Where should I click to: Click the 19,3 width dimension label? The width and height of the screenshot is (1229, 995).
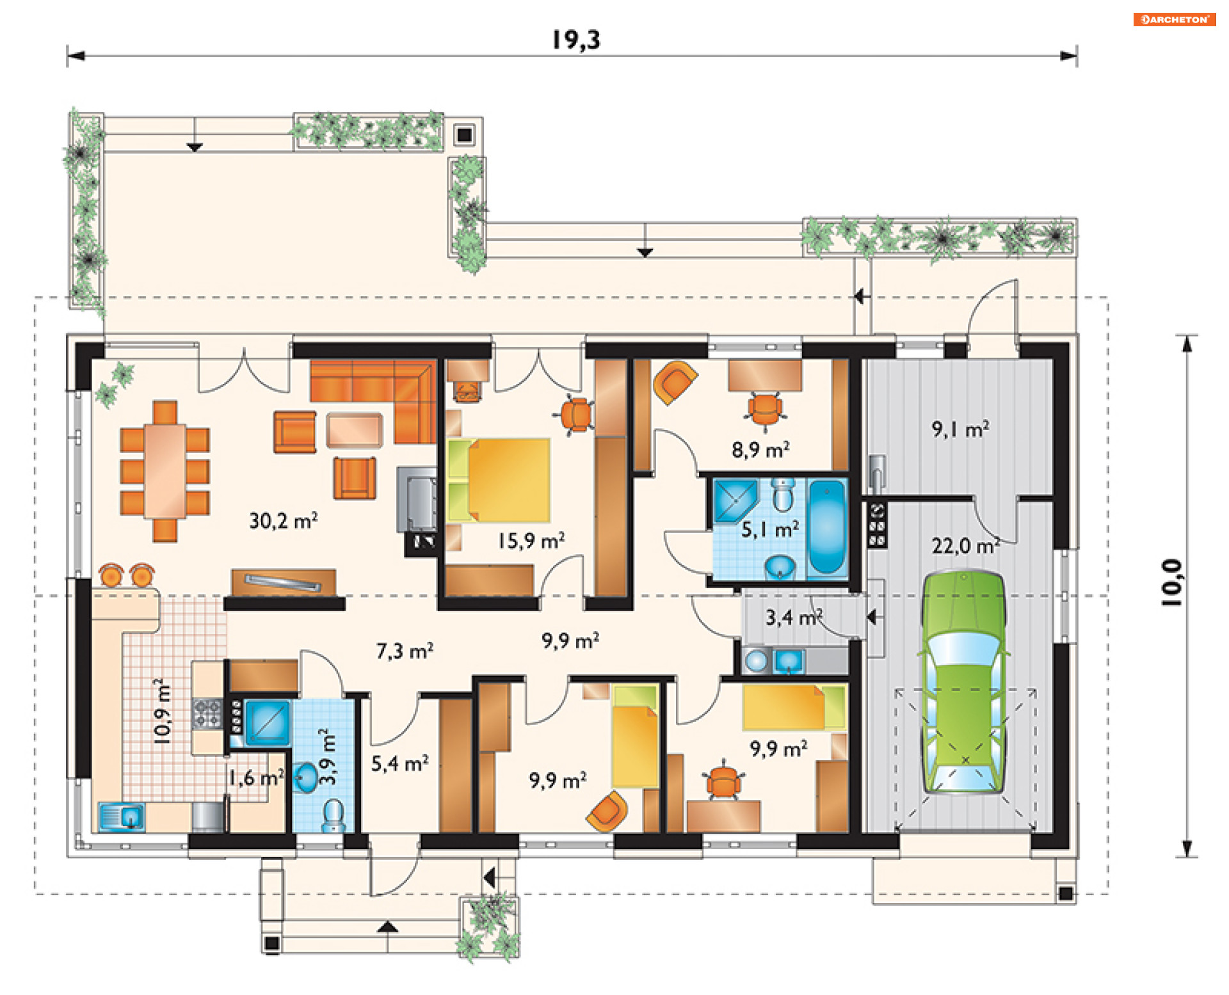[x=576, y=40]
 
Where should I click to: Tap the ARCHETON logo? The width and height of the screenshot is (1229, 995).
[x=1175, y=19]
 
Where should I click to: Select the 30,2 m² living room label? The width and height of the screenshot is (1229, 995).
[x=284, y=521]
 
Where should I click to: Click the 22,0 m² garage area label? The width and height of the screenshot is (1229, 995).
[x=965, y=546]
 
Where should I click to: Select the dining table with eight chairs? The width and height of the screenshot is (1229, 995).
[x=165, y=472]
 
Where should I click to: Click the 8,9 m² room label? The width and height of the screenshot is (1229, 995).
[x=760, y=450]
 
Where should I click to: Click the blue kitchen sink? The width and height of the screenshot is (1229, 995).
[x=122, y=817]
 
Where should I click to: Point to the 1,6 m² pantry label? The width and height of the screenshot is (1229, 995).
[x=257, y=778]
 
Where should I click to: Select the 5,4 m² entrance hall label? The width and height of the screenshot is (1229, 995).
[x=400, y=763]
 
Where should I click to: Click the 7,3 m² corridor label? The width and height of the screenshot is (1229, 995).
[x=405, y=651]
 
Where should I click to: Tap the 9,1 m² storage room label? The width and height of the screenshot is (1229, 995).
[x=960, y=429]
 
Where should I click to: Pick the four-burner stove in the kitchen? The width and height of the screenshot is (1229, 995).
[x=206, y=713]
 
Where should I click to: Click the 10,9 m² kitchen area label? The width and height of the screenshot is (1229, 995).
[x=163, y=711]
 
